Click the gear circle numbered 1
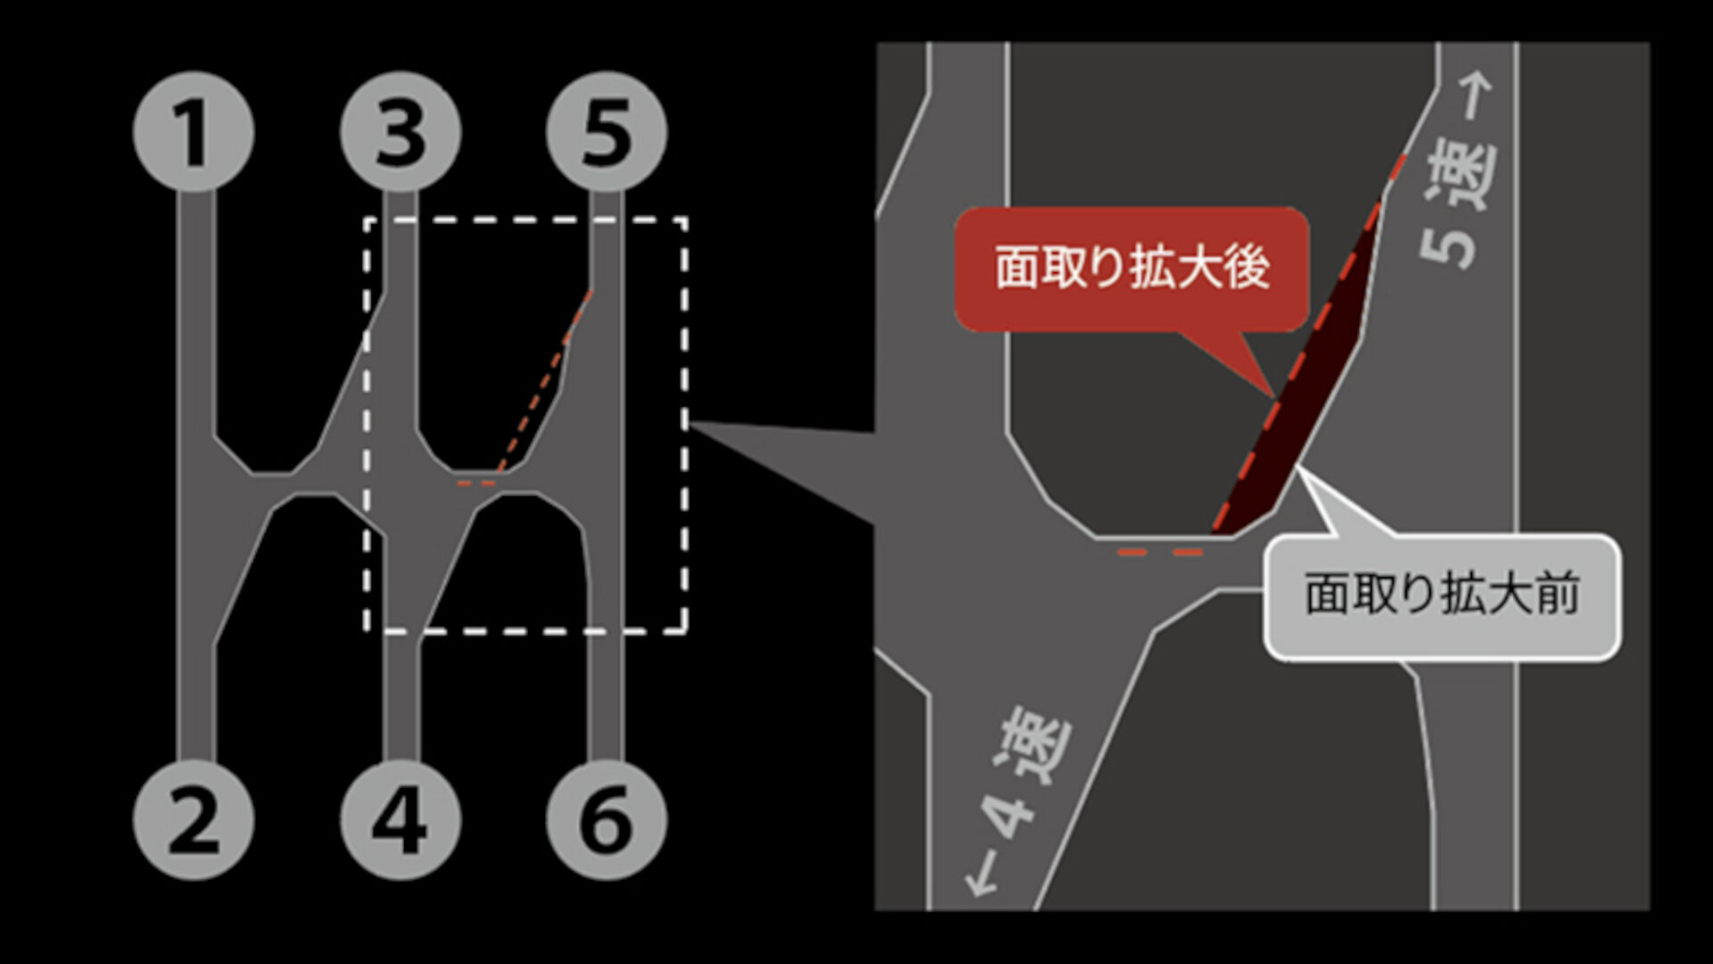194,132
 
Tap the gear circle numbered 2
194,819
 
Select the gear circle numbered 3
401,132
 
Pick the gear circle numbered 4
401,819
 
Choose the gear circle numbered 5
606,132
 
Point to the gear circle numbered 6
606,819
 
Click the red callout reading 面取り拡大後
1131,270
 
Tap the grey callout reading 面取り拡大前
1442,596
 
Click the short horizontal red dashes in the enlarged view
1160,553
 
